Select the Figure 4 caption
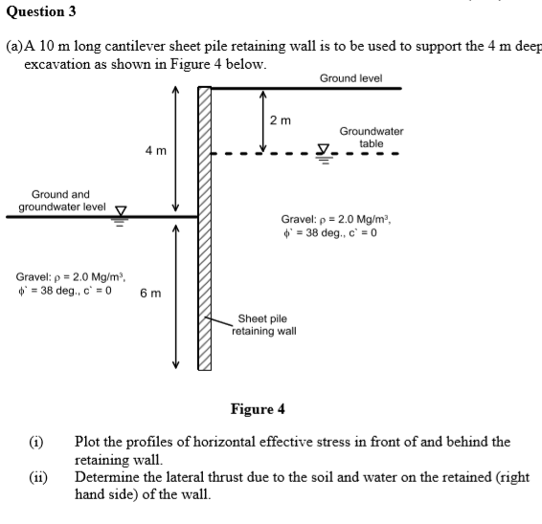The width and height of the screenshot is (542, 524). (x=258, y=409)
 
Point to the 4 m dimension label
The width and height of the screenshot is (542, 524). (x=155, y=151)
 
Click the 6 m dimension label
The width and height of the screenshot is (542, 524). (x=150, y=293)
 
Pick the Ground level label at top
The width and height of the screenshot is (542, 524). (x=350, y=77)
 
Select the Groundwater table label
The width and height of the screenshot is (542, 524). (x=372, y=137)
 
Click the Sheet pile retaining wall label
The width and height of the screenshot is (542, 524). (x=266, y=325)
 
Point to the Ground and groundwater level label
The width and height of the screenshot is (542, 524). (x=62, y=200)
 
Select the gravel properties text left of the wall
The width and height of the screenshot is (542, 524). (x=66, y=282)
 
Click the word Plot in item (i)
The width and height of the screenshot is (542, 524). (x=90, y=442)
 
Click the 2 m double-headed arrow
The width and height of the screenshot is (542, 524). (x=262, y=120)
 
